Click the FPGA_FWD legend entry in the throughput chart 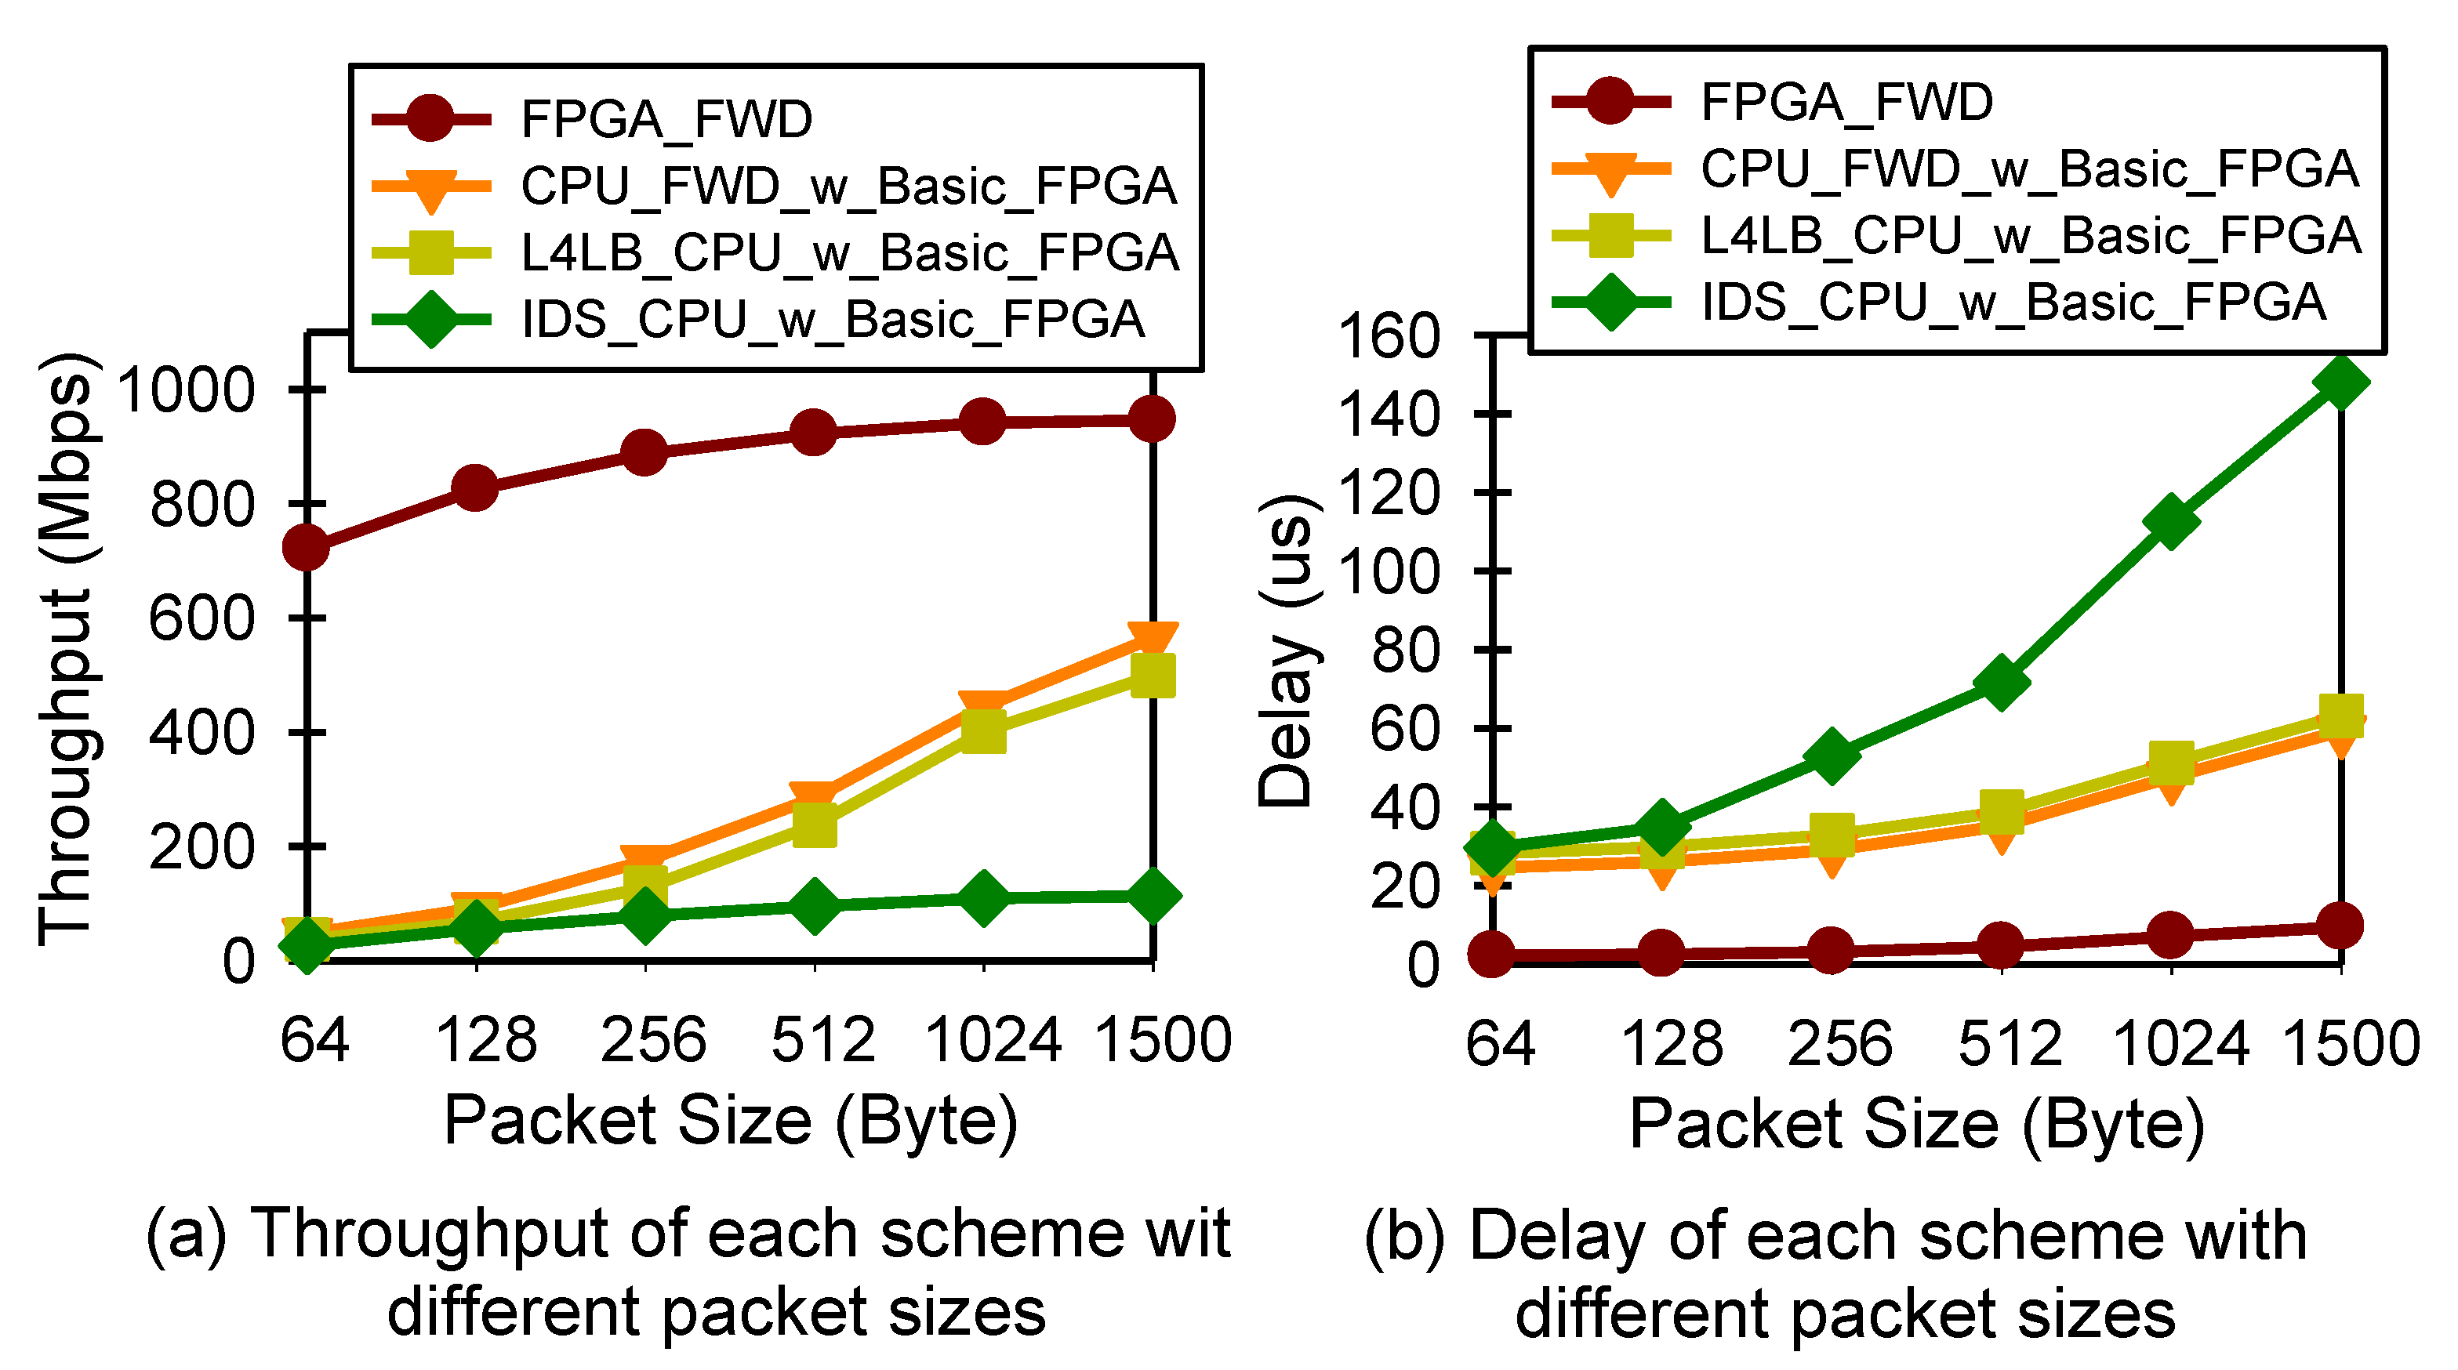pyautogui.click(x=666, y=119)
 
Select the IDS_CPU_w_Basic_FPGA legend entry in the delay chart pyautogui.click(x=2013, y=303)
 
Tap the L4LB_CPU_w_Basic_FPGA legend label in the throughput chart pyautogui.click(x=849, y=253)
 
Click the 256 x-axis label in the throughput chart pyautogui.click(x=652, y=1040)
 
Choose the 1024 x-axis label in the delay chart pyautogui.click(x=2180, y=1042)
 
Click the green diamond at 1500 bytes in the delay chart pyautogui.click(x=2340, y=382)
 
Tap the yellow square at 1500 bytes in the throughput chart pyautogui.click(x=1152, y=675)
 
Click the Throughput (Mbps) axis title pyautogui.click(x=67, y=649)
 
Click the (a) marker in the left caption pyautogui.click(x=186, y=1234)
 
